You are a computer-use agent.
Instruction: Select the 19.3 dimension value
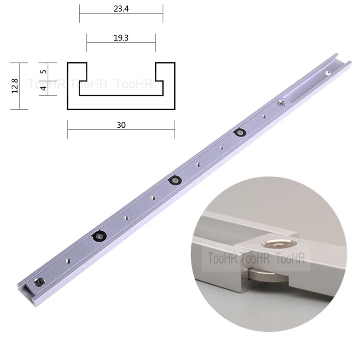click(x=121, y=38)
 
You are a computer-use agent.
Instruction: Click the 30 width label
click(x=121, y=126)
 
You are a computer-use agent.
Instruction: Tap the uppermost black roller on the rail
click(x=238, y=133)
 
